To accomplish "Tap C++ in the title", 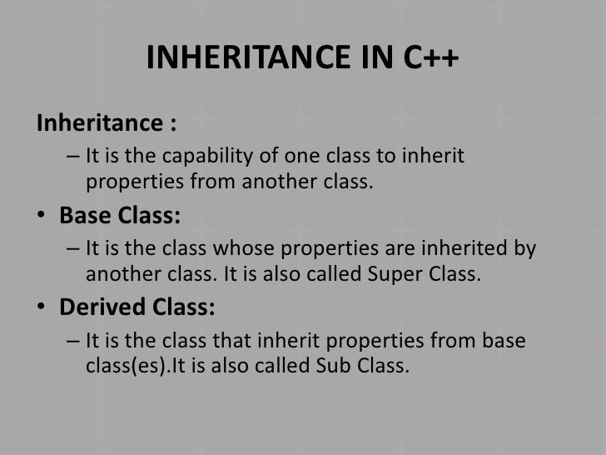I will pyautogui.click(x=428, y=59).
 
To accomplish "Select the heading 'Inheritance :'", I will pyautogui.click(x=106, y=125).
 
